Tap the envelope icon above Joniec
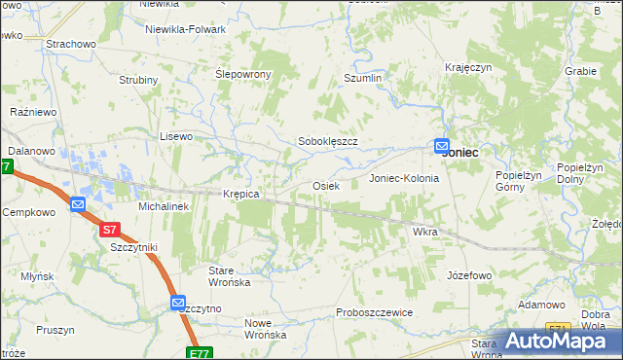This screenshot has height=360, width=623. [442, 145]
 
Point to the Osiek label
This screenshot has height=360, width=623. [325, 185]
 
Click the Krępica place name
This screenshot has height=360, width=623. [240, 194]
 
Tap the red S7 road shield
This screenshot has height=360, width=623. [110, 231]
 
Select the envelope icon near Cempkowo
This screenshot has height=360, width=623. [78, 204]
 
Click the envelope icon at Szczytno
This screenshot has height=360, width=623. [178, 304]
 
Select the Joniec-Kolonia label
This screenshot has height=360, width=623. [404, 179]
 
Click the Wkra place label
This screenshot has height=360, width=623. [425, 233]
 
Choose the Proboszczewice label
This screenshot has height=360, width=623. [375, 312]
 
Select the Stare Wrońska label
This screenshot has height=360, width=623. [230, 275]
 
